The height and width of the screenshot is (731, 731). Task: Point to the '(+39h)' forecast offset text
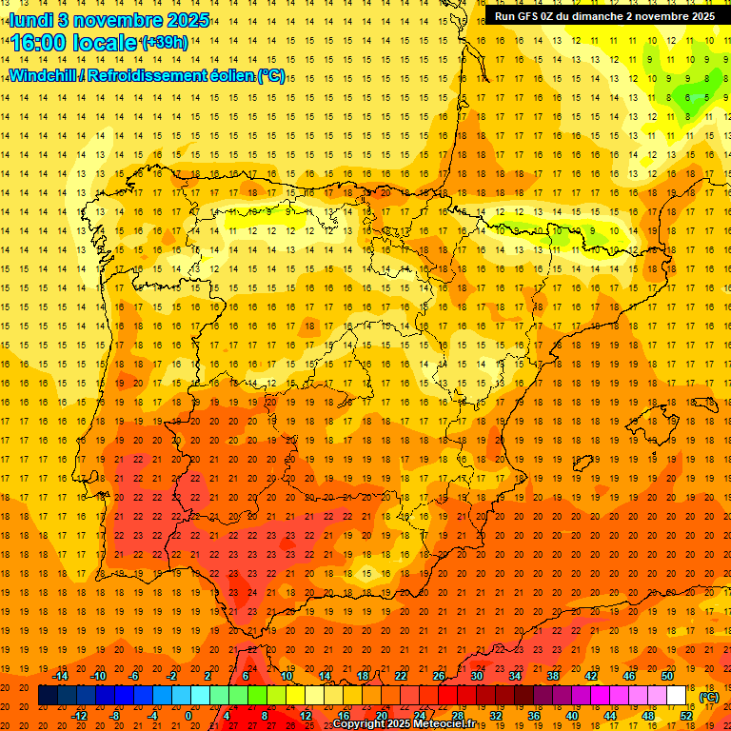[x=164, y=43]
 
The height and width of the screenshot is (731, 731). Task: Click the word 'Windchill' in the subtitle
[x=46, y=75]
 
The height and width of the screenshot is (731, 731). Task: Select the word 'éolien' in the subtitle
[x=229, y=75]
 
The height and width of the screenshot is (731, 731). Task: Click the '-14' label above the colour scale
[x=61, y=676]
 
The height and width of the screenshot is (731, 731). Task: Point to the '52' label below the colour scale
[x=686, y=716]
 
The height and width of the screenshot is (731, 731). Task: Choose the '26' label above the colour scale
[x=439, y=676]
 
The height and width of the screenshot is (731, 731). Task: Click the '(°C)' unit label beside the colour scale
[x=709, y=696]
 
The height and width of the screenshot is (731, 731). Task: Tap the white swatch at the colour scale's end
[x=677, y=696]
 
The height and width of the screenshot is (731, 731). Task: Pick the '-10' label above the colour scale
[x=99, y=676]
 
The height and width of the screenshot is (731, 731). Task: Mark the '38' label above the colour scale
[x=553, y=676]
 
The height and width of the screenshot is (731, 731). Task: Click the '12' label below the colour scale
[x=306, y=716]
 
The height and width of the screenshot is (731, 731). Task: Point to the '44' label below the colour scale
[x=610, y=716]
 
